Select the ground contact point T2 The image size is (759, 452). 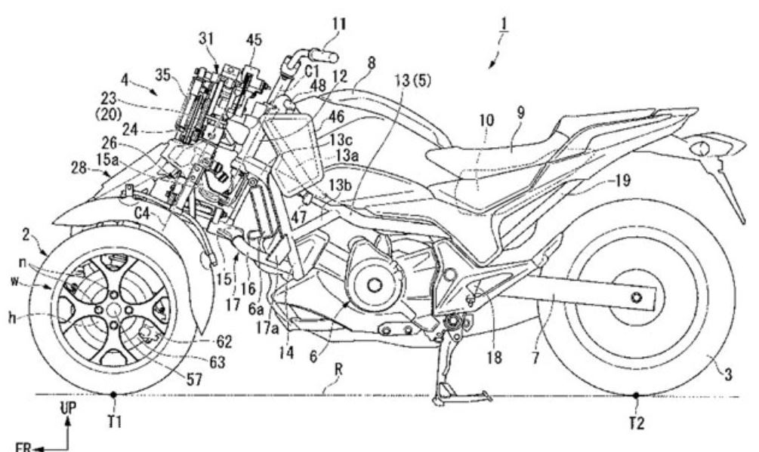click(x=636, y=394)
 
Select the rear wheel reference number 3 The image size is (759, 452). click(x=727, y=369)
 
